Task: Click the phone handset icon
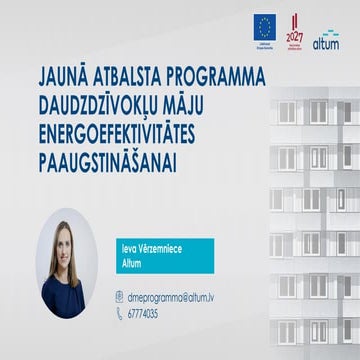(x=120, y=313)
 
